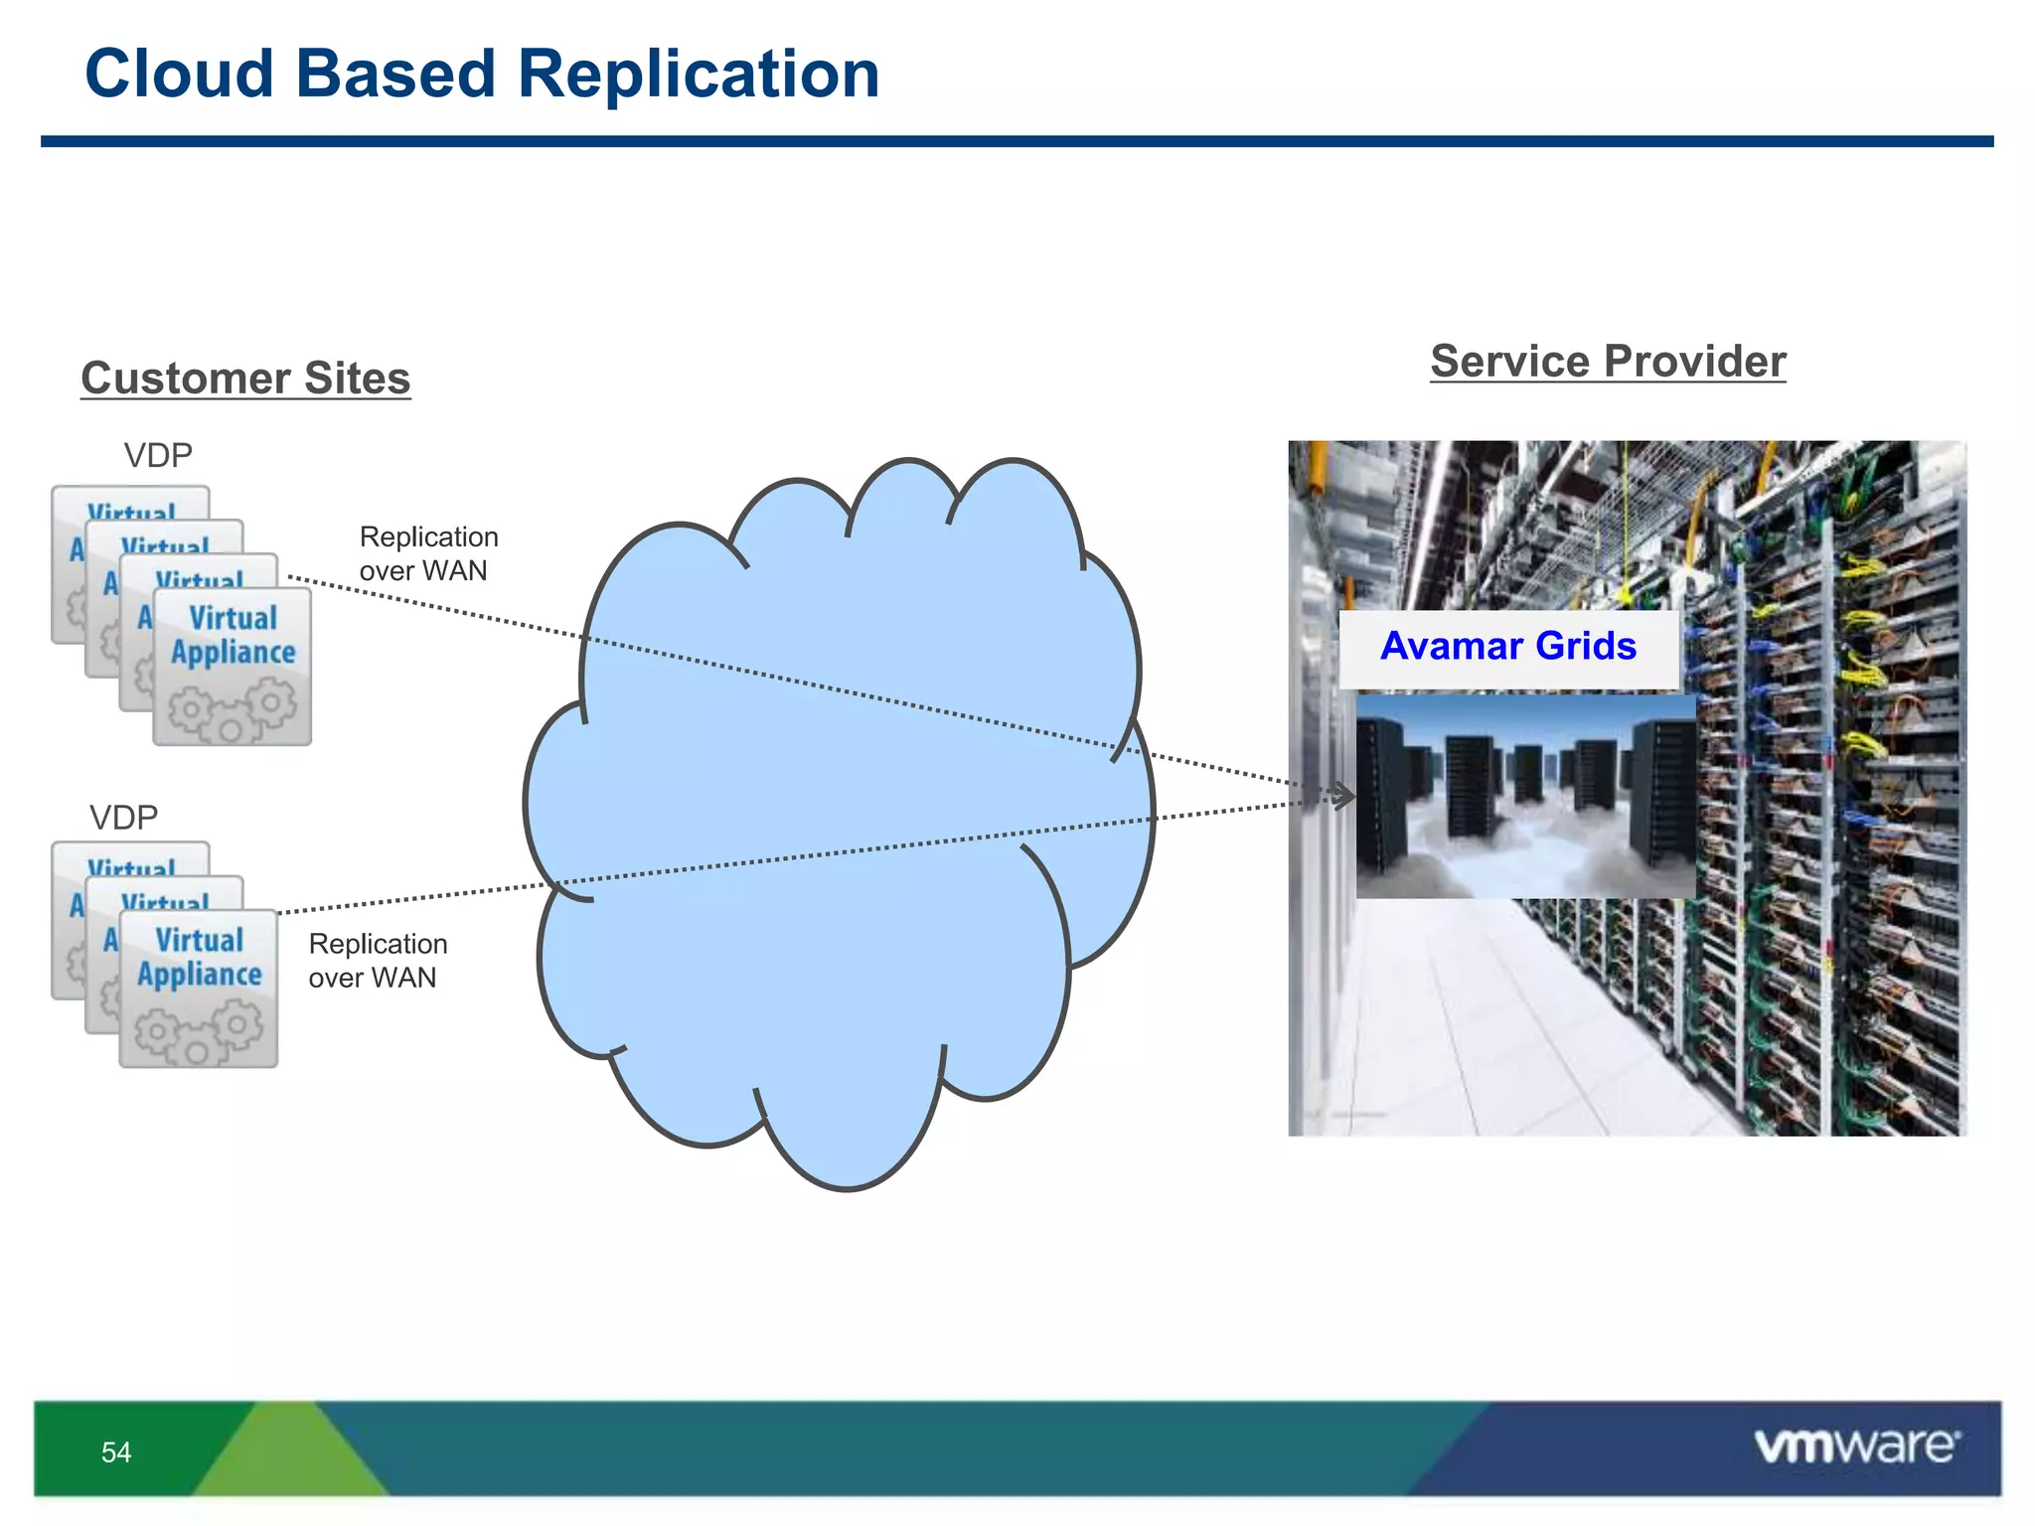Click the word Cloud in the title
tap(179, 75)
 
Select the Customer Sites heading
tap(245, 379)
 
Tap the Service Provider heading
tap(1608, 362)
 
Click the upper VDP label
tap(158, 456)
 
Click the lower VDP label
tap(124, 818)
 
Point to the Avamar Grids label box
tap(1508, 648)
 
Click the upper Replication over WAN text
tap(428, 553)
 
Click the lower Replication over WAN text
tap(378, 961)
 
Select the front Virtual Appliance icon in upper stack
tap(233, 666)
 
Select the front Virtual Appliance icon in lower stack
tap(199, 989)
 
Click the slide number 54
tap(116, 1452)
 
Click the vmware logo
tap(1856, 1447)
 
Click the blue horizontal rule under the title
tap(1017, 142)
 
